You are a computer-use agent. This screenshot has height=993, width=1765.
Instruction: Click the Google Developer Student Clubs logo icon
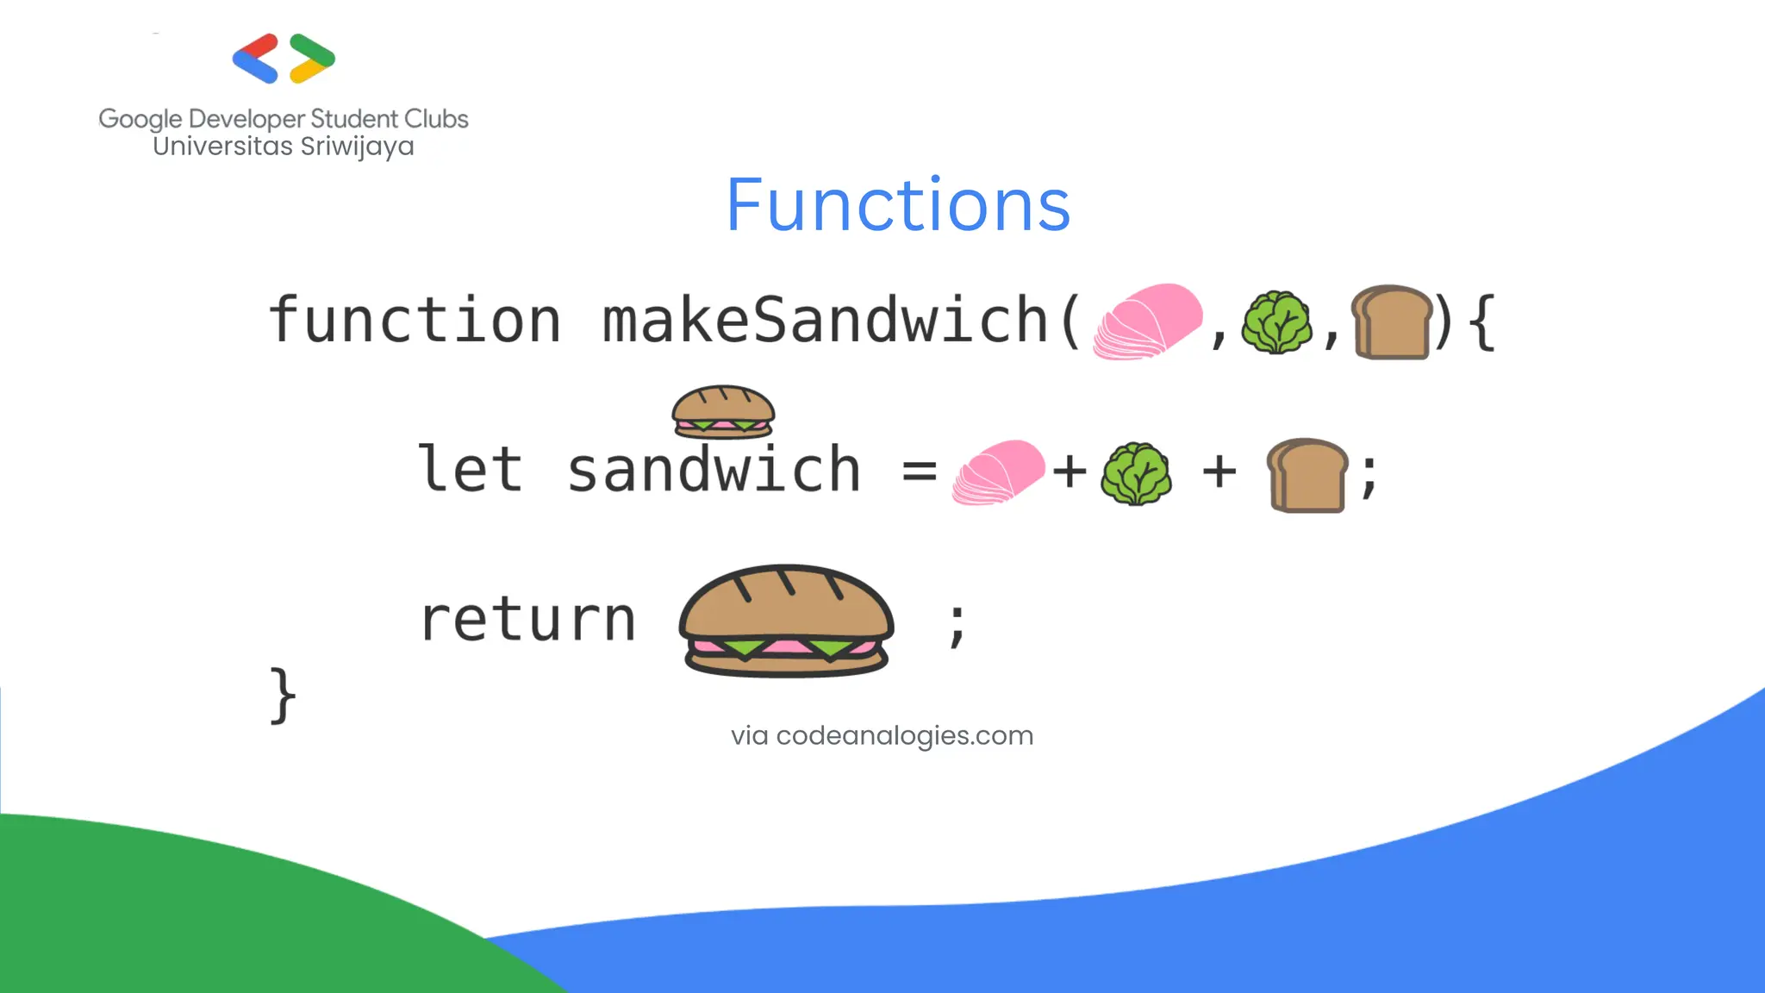click(x=284, y=59)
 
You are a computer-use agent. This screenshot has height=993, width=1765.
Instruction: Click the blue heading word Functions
click(x=897, y=205)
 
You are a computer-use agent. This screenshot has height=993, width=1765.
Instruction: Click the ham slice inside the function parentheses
click(x=1147, y=321)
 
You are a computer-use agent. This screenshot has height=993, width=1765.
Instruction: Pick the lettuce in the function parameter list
click(x=1276, y=323)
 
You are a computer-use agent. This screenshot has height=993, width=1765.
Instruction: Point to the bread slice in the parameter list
click(x=1391, y=322)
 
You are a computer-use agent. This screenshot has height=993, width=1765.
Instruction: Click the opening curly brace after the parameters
click(x=1481, y=322)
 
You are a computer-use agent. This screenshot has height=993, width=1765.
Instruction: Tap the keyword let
click(x=471, y=470)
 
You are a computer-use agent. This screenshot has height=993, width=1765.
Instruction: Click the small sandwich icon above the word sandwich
click(x=723, y=411)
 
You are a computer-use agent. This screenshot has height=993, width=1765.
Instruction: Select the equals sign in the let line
click(x=920, y=472)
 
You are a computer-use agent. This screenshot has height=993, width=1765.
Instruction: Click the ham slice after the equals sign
click(x=998, y=472)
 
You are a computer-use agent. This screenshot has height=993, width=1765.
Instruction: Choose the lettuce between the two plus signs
click(x=1136, y=473)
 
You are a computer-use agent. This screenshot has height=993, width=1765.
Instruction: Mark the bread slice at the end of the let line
click(x=1307, y=475)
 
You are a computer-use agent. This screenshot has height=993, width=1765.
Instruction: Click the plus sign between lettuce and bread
click(x=1219, y=472)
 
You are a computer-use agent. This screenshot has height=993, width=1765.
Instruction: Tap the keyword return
click(x=527, y=621)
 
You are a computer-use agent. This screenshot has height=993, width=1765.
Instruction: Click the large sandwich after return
click(x=786, y=621)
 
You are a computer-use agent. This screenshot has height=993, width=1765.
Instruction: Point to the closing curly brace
click(x=283, y=696)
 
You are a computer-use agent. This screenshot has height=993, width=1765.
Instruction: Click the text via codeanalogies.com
click(x=882, y=735)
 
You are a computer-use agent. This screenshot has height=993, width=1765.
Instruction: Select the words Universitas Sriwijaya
click(x=283, y=147)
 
